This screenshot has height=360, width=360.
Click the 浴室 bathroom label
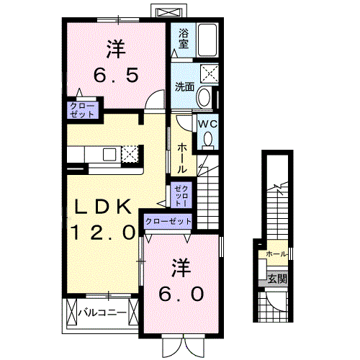click(184, 38)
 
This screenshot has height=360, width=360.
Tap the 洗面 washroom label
click(185, 87)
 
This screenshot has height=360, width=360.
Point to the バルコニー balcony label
click(103, 313)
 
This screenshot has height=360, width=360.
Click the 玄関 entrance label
click(277, 279)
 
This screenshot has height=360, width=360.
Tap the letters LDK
click(103, 207)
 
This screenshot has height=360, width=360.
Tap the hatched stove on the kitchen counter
click(130, 154)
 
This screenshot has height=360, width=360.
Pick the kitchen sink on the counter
click(111, 154)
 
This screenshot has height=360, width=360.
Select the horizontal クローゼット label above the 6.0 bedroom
click(168, 222)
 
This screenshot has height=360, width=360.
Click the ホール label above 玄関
click(276, 254)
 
